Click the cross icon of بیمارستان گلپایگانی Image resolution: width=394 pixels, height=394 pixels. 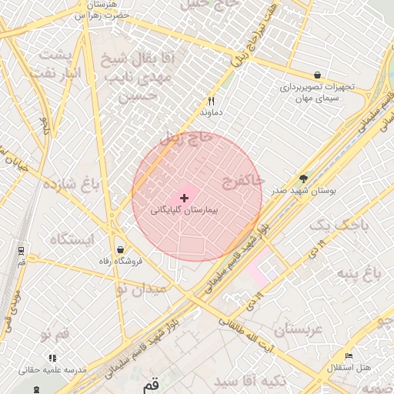[x=184, y=198]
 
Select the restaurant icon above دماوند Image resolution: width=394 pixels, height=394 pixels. [x=211, y=101]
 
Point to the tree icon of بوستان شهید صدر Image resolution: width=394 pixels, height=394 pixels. [x=303, y=178]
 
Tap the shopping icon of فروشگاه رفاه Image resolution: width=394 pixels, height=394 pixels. [x=120, y=249]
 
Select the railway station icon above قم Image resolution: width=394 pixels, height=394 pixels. [x=20, y=250]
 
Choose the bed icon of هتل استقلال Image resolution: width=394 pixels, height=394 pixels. [x=349, y=356]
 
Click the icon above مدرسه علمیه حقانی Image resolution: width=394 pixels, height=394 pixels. [x=52, y=358]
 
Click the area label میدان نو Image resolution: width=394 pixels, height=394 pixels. [x=141, y=290]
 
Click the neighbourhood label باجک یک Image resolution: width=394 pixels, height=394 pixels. [x=339, y=225]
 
